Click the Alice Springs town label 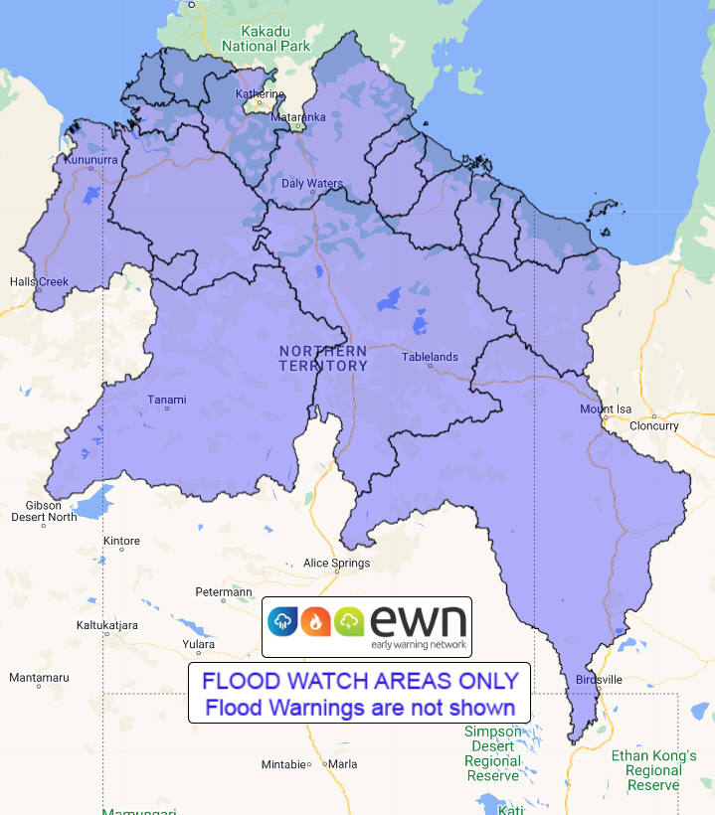336,563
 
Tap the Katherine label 260,94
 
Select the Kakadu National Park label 266,39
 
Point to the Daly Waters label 312,184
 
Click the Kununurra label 90,159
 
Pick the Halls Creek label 39,281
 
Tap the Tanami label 167,400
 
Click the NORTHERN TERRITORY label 323,358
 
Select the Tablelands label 430,357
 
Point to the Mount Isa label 607,409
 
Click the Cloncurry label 654,425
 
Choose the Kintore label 121,541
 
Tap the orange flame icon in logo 315,622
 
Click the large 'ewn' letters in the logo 418,620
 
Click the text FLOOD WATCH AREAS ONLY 360,681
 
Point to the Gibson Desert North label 44,511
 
